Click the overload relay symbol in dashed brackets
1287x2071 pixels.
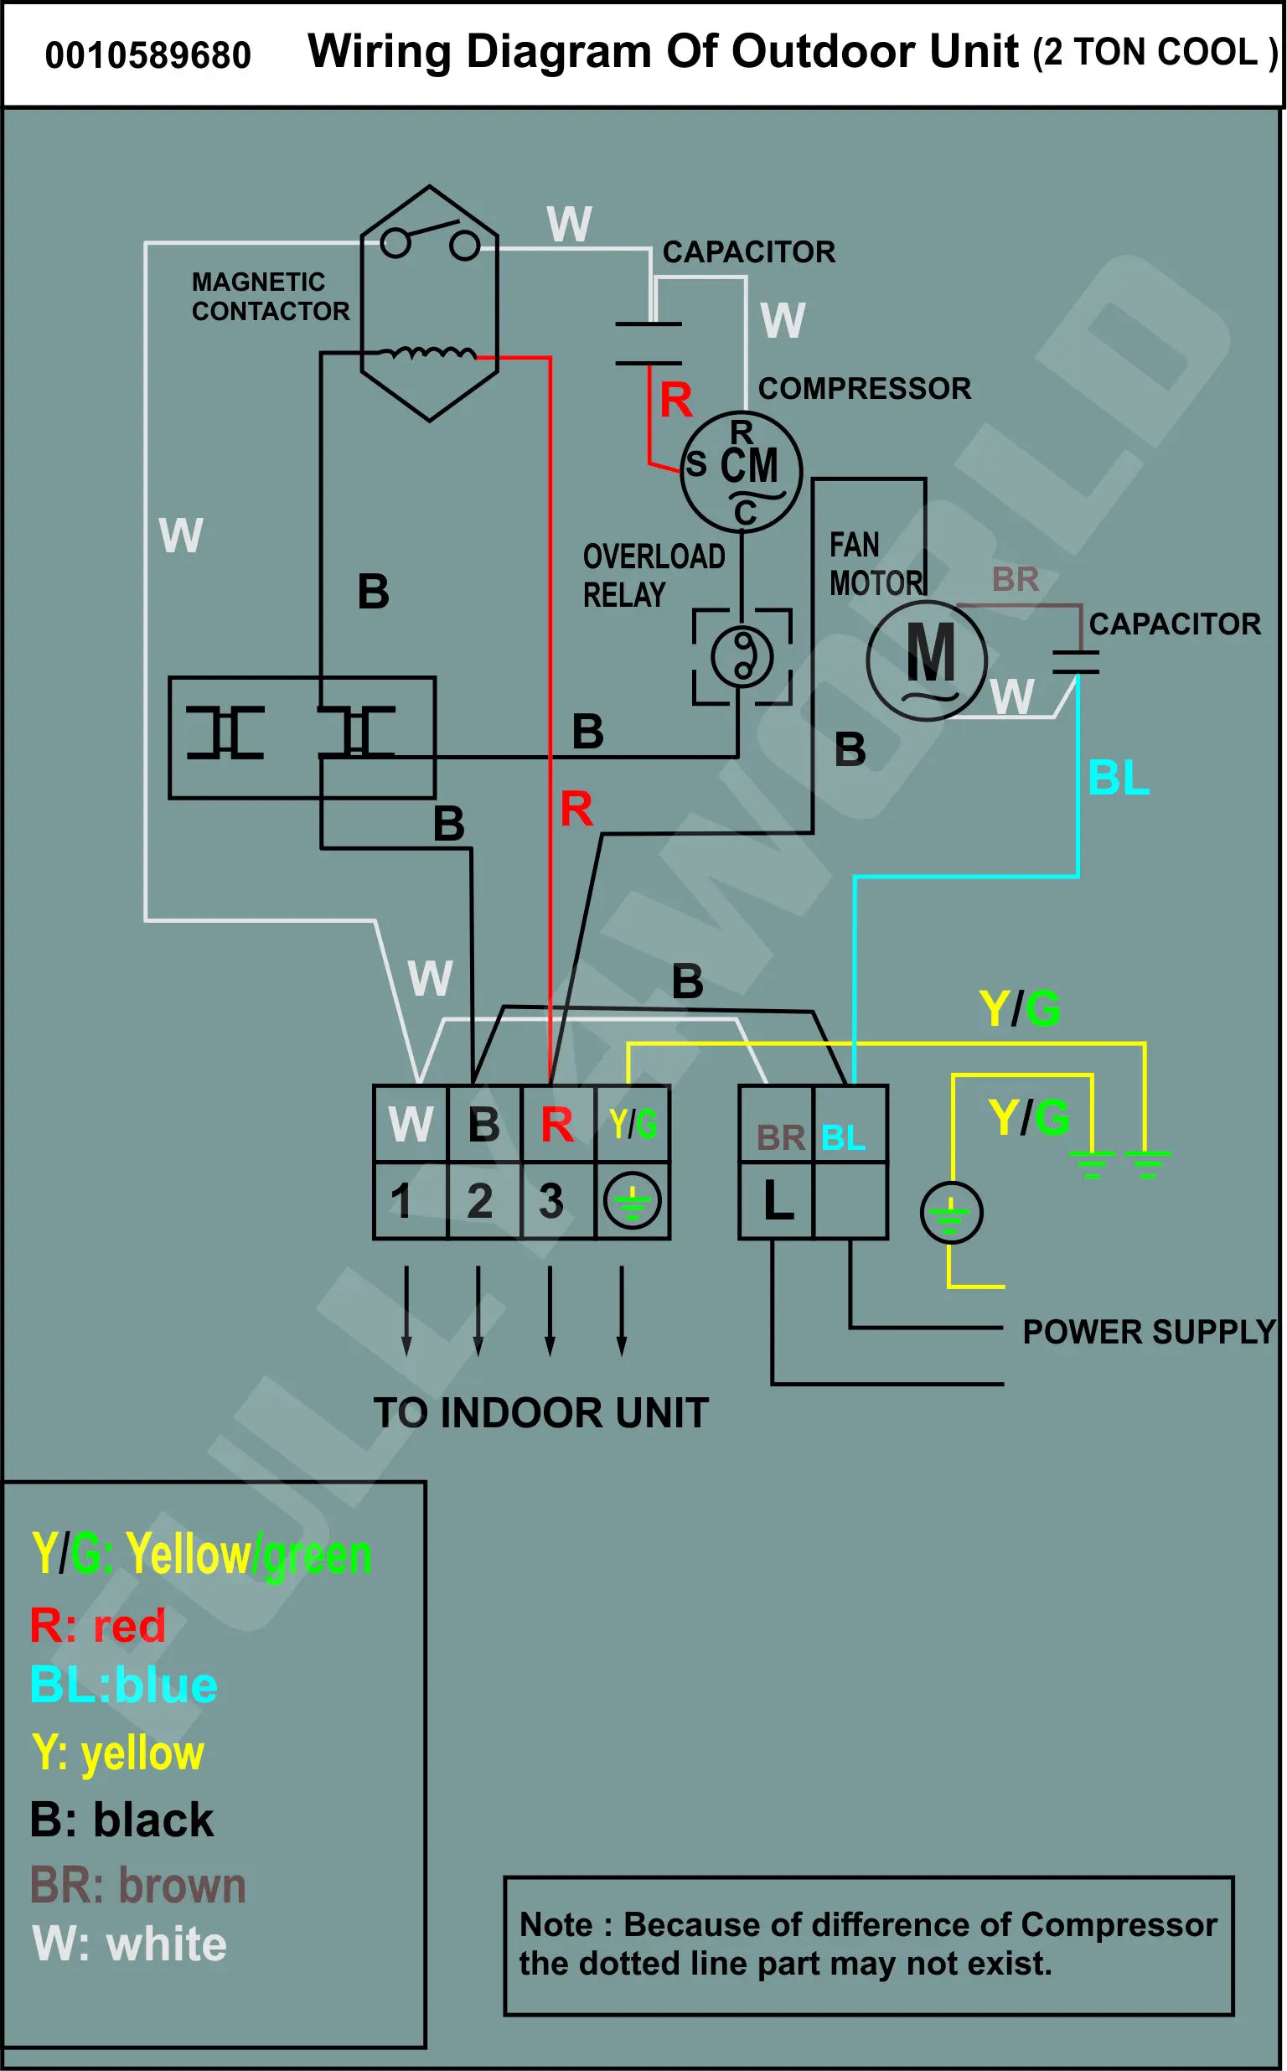tap(742, 656)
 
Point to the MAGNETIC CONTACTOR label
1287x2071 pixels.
tap(271, 296)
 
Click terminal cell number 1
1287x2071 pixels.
tap(411, 1200)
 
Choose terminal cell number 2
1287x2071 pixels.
tap(484, 1200)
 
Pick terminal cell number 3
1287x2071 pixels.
tap(557, 1200)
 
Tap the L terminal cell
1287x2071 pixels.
tap(777, 1200)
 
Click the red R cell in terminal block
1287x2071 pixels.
tap(557, 1125)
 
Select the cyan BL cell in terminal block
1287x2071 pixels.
tap(850, 1125)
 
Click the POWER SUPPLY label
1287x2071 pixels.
tap(1149, 1332)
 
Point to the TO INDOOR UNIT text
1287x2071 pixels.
tap(541, 1413)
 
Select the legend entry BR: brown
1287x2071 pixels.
tap(138, 1885)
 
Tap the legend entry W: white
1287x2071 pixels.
tap(129, 1944)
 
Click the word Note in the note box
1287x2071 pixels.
tap(556, 1924)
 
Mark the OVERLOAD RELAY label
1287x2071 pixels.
tap(654, 577)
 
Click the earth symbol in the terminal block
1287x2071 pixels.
tap(633, 1201)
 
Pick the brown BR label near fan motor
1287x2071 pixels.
tap(1016, 580)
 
